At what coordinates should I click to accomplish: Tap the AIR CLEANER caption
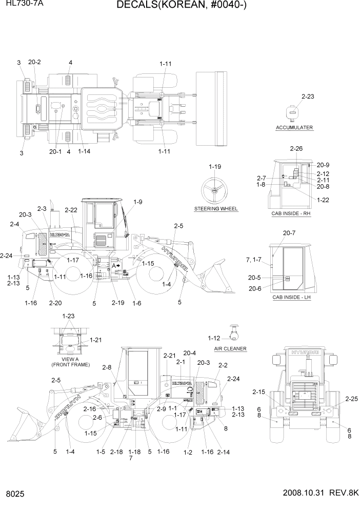(230, 348)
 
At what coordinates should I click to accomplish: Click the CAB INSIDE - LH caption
(291, 297)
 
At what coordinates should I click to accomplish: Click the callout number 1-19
(215, 167)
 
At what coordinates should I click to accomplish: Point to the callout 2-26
(296, 149)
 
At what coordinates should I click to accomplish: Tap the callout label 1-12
(214, 338)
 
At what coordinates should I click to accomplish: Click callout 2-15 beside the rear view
(259, 392)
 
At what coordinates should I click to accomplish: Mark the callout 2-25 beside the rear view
(351, 398)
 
